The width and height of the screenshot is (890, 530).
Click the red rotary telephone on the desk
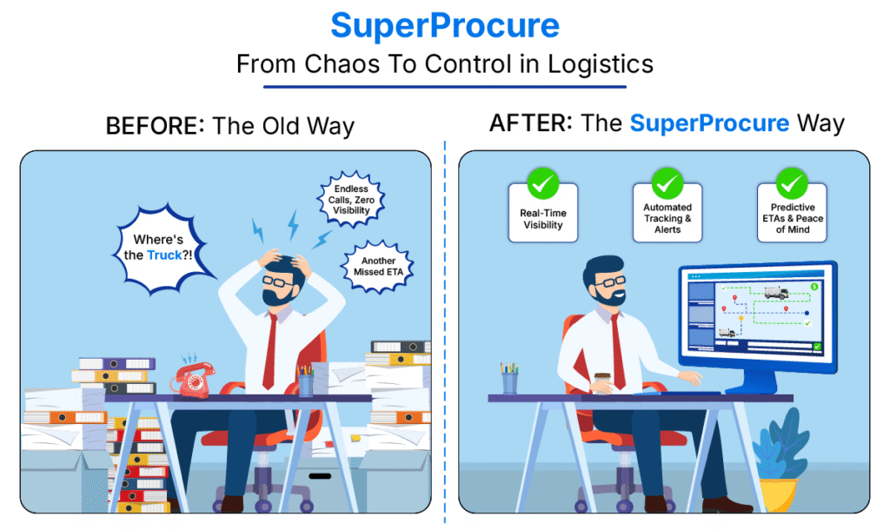(x=193, y=380)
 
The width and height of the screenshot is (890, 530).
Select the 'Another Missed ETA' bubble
(x=378, y=267)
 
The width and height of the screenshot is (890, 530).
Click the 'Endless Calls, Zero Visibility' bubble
(x=351, y=199)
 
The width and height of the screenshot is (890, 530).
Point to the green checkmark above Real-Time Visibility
(x=543, y=183)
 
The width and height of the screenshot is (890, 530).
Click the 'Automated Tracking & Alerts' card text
(x=667, y=218)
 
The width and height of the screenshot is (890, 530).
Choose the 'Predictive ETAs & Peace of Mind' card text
(x=793, y=218)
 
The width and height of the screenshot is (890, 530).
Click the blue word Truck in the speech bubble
(x=164, y=255)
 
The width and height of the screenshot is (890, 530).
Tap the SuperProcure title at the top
(x=445, y=26)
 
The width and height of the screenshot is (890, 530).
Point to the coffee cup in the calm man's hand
(x=602, y=382)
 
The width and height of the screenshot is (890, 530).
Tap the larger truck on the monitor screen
(x=776, y=292)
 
